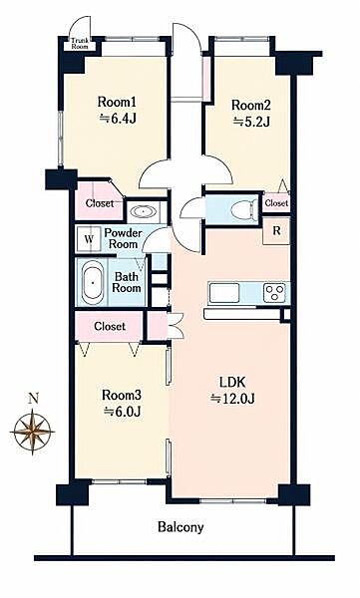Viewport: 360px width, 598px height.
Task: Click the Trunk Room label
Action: pyautogui.click(x=80, y=44)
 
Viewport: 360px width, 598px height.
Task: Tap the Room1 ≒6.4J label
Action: pyautogui.click(x=118, y=111)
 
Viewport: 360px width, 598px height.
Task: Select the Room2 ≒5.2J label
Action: pyautogui.click(x=251, y=113)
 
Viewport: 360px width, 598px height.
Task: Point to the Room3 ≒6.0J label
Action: pyautogui.click(x=122, y=403)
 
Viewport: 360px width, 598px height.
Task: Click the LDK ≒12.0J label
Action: pyautogui.click(x=232, y=390)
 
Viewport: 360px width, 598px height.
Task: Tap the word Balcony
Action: pyautogui.click(x=180, y=527)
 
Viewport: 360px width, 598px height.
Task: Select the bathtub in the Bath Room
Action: pyautogui.click(x=93, y=282)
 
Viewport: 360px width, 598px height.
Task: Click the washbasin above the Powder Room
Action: pyautogui.click(x=143, y=211)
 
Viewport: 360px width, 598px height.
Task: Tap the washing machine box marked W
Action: pyautogui.click(x=89, y=239)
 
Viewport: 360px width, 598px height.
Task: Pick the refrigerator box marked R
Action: pyautogui.click(x=276, y=231)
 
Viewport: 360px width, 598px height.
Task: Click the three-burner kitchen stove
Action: pyautogui.click(x=275, y=293)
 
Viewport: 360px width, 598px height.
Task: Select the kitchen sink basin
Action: pyautogui.click(x=224, y=293)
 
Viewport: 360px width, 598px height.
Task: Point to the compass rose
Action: pyautogui.click(x=33, y=432)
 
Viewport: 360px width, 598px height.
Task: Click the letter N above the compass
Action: pyautogui.click(x=34, y=399)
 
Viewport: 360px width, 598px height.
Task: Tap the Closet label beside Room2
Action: pyautogui.click(x=276, y=203)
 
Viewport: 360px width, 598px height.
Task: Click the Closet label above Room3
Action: pyautogui.click(x=110, y=327)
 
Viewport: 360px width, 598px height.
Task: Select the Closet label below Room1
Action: pyautogui.click(x=100, y=203)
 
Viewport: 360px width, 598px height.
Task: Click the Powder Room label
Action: pyautogui.click(x=123, y=238)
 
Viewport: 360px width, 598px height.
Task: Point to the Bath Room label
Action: pyautogui.click(x=127, y=282)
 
